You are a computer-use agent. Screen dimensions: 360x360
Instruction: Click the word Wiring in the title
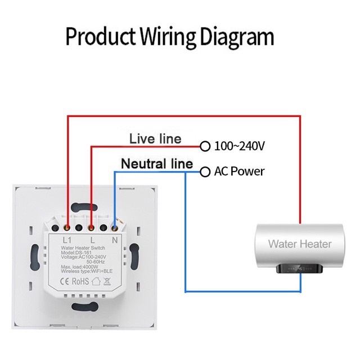pos(168,37)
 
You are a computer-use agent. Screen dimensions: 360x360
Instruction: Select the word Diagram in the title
pos(237,37)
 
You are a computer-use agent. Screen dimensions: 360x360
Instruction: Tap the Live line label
pos(155,139)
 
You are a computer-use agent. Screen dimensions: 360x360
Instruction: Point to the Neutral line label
pos(157,164)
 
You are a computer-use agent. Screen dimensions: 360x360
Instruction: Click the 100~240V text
pos(240,146)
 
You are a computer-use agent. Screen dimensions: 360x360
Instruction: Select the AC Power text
pos(239,171)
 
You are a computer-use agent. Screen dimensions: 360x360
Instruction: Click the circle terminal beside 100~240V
pos(205,146)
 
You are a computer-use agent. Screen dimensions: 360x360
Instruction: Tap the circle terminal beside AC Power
pos(205,172)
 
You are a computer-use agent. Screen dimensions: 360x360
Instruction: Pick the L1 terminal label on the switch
pos(67,240)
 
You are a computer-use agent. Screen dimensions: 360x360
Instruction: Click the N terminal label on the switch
pos(115,240)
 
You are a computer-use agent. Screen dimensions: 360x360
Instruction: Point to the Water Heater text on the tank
pos(300,244)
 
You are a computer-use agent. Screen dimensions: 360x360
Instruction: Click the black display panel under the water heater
pos(299,268)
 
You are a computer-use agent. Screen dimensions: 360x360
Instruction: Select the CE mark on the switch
pos(64,281)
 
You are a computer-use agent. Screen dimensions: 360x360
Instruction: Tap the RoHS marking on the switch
pos(80,281)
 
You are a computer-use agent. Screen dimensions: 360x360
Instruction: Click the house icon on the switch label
pos(96,281)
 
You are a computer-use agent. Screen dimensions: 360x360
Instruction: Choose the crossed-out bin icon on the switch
pos(107,281)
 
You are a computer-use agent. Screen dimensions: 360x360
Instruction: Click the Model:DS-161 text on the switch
pos(76,253)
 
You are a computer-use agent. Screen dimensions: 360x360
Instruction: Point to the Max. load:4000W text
pos(79,267)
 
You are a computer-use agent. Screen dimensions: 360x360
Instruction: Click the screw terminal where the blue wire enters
pos(114,228)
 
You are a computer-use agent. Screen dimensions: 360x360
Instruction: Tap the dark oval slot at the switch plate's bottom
pos(85,306)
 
